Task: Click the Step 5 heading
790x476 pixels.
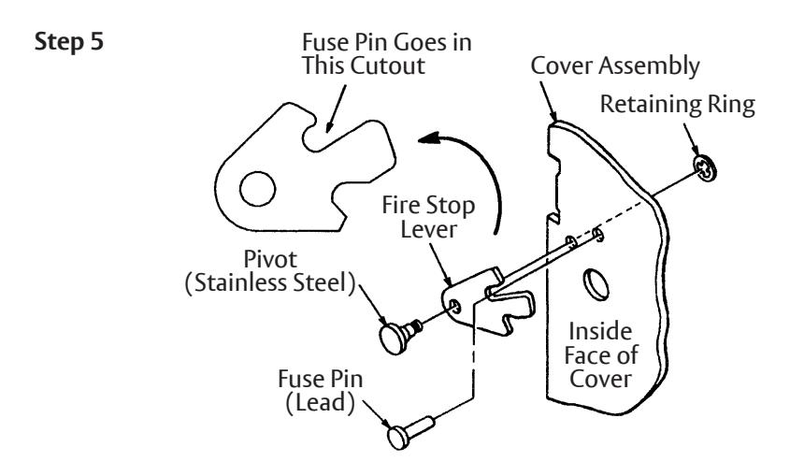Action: [69, 41]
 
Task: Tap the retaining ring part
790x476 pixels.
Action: [705, 168]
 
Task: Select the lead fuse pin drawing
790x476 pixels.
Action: [410, 432]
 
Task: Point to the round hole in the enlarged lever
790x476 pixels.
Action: [257, 189]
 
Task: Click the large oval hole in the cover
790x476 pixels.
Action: [596, 284]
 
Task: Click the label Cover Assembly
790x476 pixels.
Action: [615, 66]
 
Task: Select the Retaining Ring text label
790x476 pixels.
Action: [678, 105]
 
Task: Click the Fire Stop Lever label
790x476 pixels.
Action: [428, 217]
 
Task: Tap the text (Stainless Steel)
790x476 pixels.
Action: [270, 283]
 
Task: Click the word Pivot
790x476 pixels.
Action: [270, 259]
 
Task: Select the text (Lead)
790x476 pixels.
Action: [320, 403]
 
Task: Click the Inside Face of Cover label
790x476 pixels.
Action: [600, 355]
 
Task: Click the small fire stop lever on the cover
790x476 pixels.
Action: [486, 302]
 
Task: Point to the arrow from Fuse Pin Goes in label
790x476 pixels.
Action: [336, 108]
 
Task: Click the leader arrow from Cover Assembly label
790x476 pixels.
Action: [548, 101]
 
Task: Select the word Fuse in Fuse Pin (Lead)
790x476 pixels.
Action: [296, 379]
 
